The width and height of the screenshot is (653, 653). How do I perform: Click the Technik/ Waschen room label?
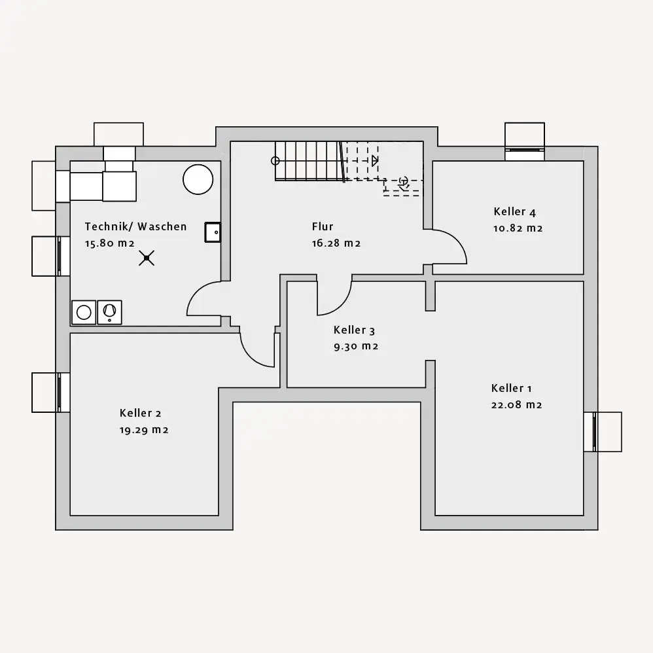click(135, 226)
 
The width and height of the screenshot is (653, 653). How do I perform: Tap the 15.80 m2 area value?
click(109, 243)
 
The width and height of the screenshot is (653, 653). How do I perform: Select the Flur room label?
click(323, 226)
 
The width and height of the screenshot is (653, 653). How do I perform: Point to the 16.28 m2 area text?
click(336, 243)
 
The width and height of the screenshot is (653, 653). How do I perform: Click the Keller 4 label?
click(514, 211)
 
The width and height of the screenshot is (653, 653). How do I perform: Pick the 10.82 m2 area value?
click(518, 228)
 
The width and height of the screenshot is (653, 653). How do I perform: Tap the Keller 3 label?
click(354, 330)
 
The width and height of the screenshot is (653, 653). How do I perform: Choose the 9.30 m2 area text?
click(355, 346)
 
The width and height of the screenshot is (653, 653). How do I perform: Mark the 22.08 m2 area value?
click(516, 404)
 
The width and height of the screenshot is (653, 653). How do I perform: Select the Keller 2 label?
click(140, 413)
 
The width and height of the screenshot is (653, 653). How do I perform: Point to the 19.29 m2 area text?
click(144, 430)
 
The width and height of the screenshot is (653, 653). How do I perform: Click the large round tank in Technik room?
click(198, 179)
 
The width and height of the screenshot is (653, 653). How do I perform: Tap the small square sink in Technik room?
click(213, 232)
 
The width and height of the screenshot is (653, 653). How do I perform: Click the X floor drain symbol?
click(147, 258)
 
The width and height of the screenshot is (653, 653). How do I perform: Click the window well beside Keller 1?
click(608, 432)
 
